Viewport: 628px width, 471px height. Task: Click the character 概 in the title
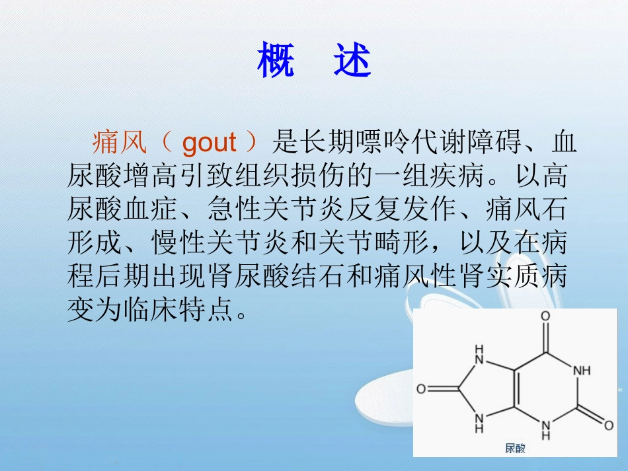click(x=276, y=61)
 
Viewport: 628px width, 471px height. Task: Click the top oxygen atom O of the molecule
click(x=545, y=316)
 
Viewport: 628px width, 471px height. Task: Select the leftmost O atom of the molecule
click(x=421, y=388)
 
